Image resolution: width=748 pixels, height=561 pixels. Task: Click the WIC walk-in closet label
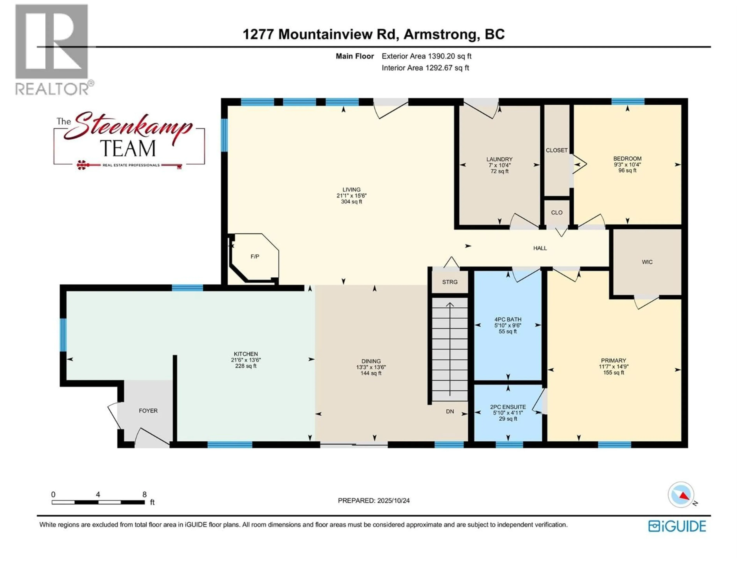pos(647,262)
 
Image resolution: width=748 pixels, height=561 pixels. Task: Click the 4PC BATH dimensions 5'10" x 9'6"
pos(508,325)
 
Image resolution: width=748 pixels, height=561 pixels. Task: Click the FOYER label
pos(148,410)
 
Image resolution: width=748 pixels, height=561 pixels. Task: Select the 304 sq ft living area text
pos(351,202)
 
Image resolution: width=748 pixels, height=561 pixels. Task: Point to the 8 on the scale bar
pos(144,494)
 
